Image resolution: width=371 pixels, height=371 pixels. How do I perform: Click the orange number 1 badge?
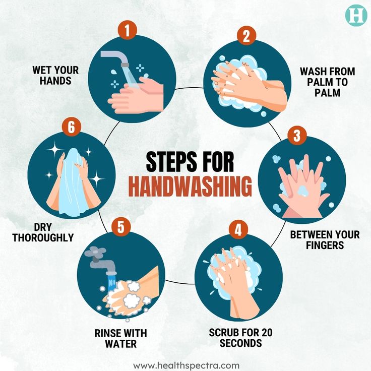pyautogui.click(x=128, y=30)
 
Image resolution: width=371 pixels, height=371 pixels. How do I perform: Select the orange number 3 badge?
pyautogui.click(x=297, y=135)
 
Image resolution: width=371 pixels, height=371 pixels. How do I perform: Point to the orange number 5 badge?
pyautogui.click(x=120, y=226)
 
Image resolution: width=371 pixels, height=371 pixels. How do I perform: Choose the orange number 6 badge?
pyautogui.click(x=71, y=127)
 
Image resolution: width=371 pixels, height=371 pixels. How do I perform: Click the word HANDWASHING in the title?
pyautogui.click(x=190, y=186)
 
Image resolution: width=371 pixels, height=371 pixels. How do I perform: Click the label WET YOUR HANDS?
pyautogui.click(x=52, y=74)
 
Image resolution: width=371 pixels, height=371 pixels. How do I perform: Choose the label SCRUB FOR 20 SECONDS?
pyautogui.click(x=241, y=338)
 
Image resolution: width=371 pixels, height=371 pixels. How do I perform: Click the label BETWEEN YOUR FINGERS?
pyautogui.click(x=325, y=240)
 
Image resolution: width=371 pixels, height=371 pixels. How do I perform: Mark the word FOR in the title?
pyautogui.click(x=219, y=162)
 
